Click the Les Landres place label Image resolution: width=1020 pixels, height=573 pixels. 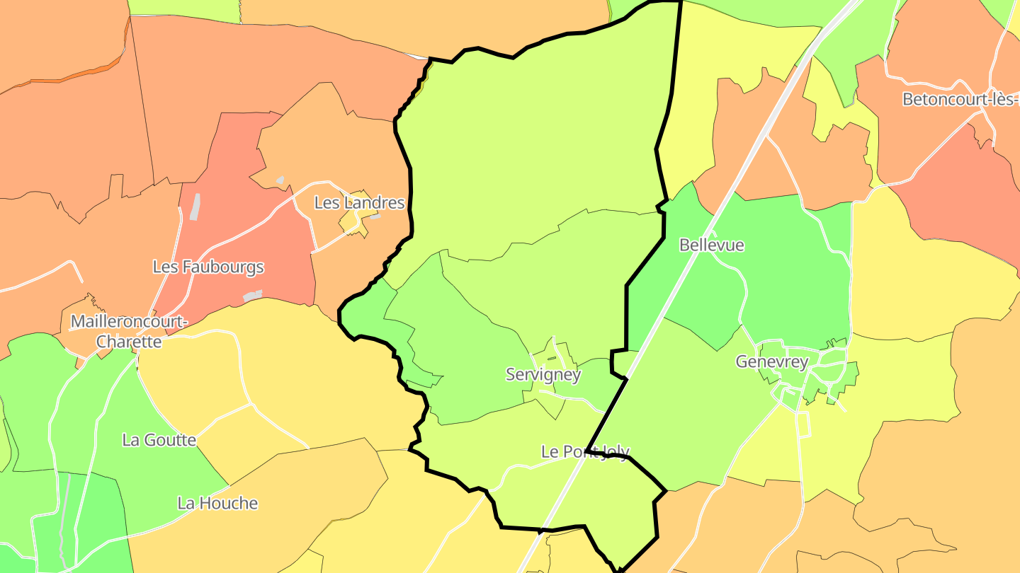[x=359, y=203]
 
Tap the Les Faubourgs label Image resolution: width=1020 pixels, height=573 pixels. [x=208, y=267]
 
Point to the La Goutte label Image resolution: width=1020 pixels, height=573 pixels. [x=159, y=440]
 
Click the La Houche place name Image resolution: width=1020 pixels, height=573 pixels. [x=217, y=504]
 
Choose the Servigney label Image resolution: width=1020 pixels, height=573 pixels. [x=543, y=375]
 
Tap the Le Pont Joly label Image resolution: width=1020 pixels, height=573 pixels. [x=584, y=451]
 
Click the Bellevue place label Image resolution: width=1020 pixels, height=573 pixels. [x=711, y=245]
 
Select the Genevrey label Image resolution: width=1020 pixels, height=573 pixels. [x=771, y=362]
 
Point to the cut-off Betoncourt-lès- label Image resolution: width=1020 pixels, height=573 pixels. [x=960, y=100]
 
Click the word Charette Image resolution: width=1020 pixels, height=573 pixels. [x=129, y=342]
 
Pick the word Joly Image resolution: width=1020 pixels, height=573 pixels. [x=613, y=451]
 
